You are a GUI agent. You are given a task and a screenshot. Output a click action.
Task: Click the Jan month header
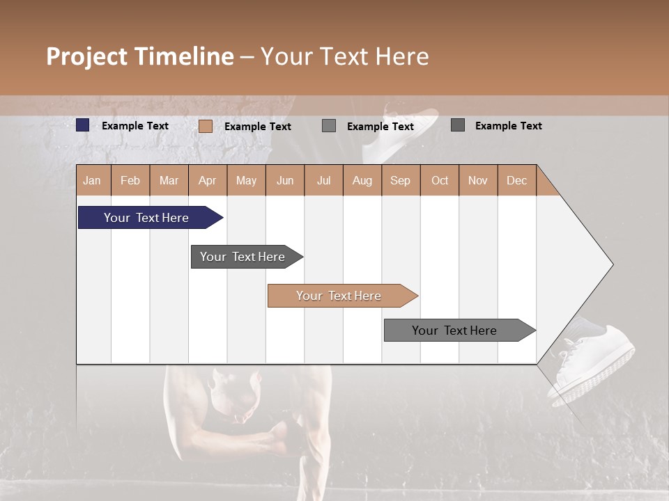pos(92,180)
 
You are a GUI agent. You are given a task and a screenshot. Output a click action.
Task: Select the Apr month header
pos(207,180)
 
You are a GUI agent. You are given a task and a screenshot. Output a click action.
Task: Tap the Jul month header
pos(323,180)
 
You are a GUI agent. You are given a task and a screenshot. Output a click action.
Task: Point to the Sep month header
pos(400,180)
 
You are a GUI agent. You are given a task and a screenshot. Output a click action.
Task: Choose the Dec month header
pos(516,180)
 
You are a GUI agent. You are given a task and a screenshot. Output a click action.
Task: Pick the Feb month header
pos(130,180)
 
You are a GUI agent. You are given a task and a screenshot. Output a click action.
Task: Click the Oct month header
pos(440,180)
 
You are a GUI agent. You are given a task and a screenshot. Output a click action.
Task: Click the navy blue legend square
pos(83,125)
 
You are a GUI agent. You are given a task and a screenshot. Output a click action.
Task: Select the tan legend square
pos(206,126)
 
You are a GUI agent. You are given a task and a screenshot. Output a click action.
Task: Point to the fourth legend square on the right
pos(458,125)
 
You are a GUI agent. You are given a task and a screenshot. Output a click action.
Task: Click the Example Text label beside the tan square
pos(257,126)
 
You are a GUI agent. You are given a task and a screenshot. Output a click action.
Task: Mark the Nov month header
pos(478,180)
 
